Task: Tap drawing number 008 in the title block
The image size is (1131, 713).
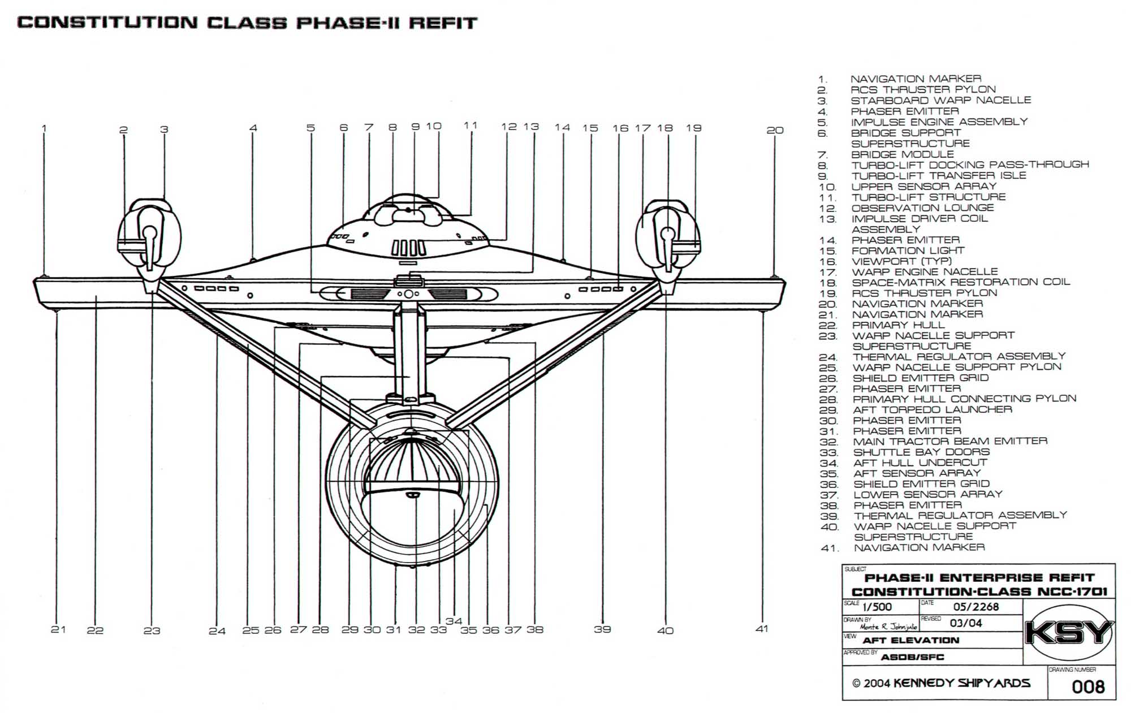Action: click(1088, 687)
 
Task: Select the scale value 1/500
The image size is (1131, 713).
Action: click(877, 607)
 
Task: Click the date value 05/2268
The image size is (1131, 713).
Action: click(976, 607)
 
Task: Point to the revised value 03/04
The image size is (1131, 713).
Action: click(966, 624)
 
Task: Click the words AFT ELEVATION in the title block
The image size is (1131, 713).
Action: click(910, 641)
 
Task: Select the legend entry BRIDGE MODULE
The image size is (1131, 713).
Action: click(903, 154)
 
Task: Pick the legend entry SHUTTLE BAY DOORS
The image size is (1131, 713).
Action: click(922, 452)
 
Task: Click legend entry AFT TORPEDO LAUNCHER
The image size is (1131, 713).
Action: click(933, 409)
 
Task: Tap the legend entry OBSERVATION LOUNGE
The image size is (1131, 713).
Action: click(922, 208)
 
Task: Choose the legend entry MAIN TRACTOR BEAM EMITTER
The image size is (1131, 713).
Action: click(950, 442)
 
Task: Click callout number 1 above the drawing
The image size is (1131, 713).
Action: click(44, 128)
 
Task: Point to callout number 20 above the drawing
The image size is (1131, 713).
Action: click(775, 130)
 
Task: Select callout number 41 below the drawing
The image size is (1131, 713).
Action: click(762, 629)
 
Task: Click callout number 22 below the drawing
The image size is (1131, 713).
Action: click(95, 630)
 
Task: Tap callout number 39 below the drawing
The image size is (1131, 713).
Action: click(602, 629)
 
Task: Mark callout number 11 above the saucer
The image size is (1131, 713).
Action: click(470, 126)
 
